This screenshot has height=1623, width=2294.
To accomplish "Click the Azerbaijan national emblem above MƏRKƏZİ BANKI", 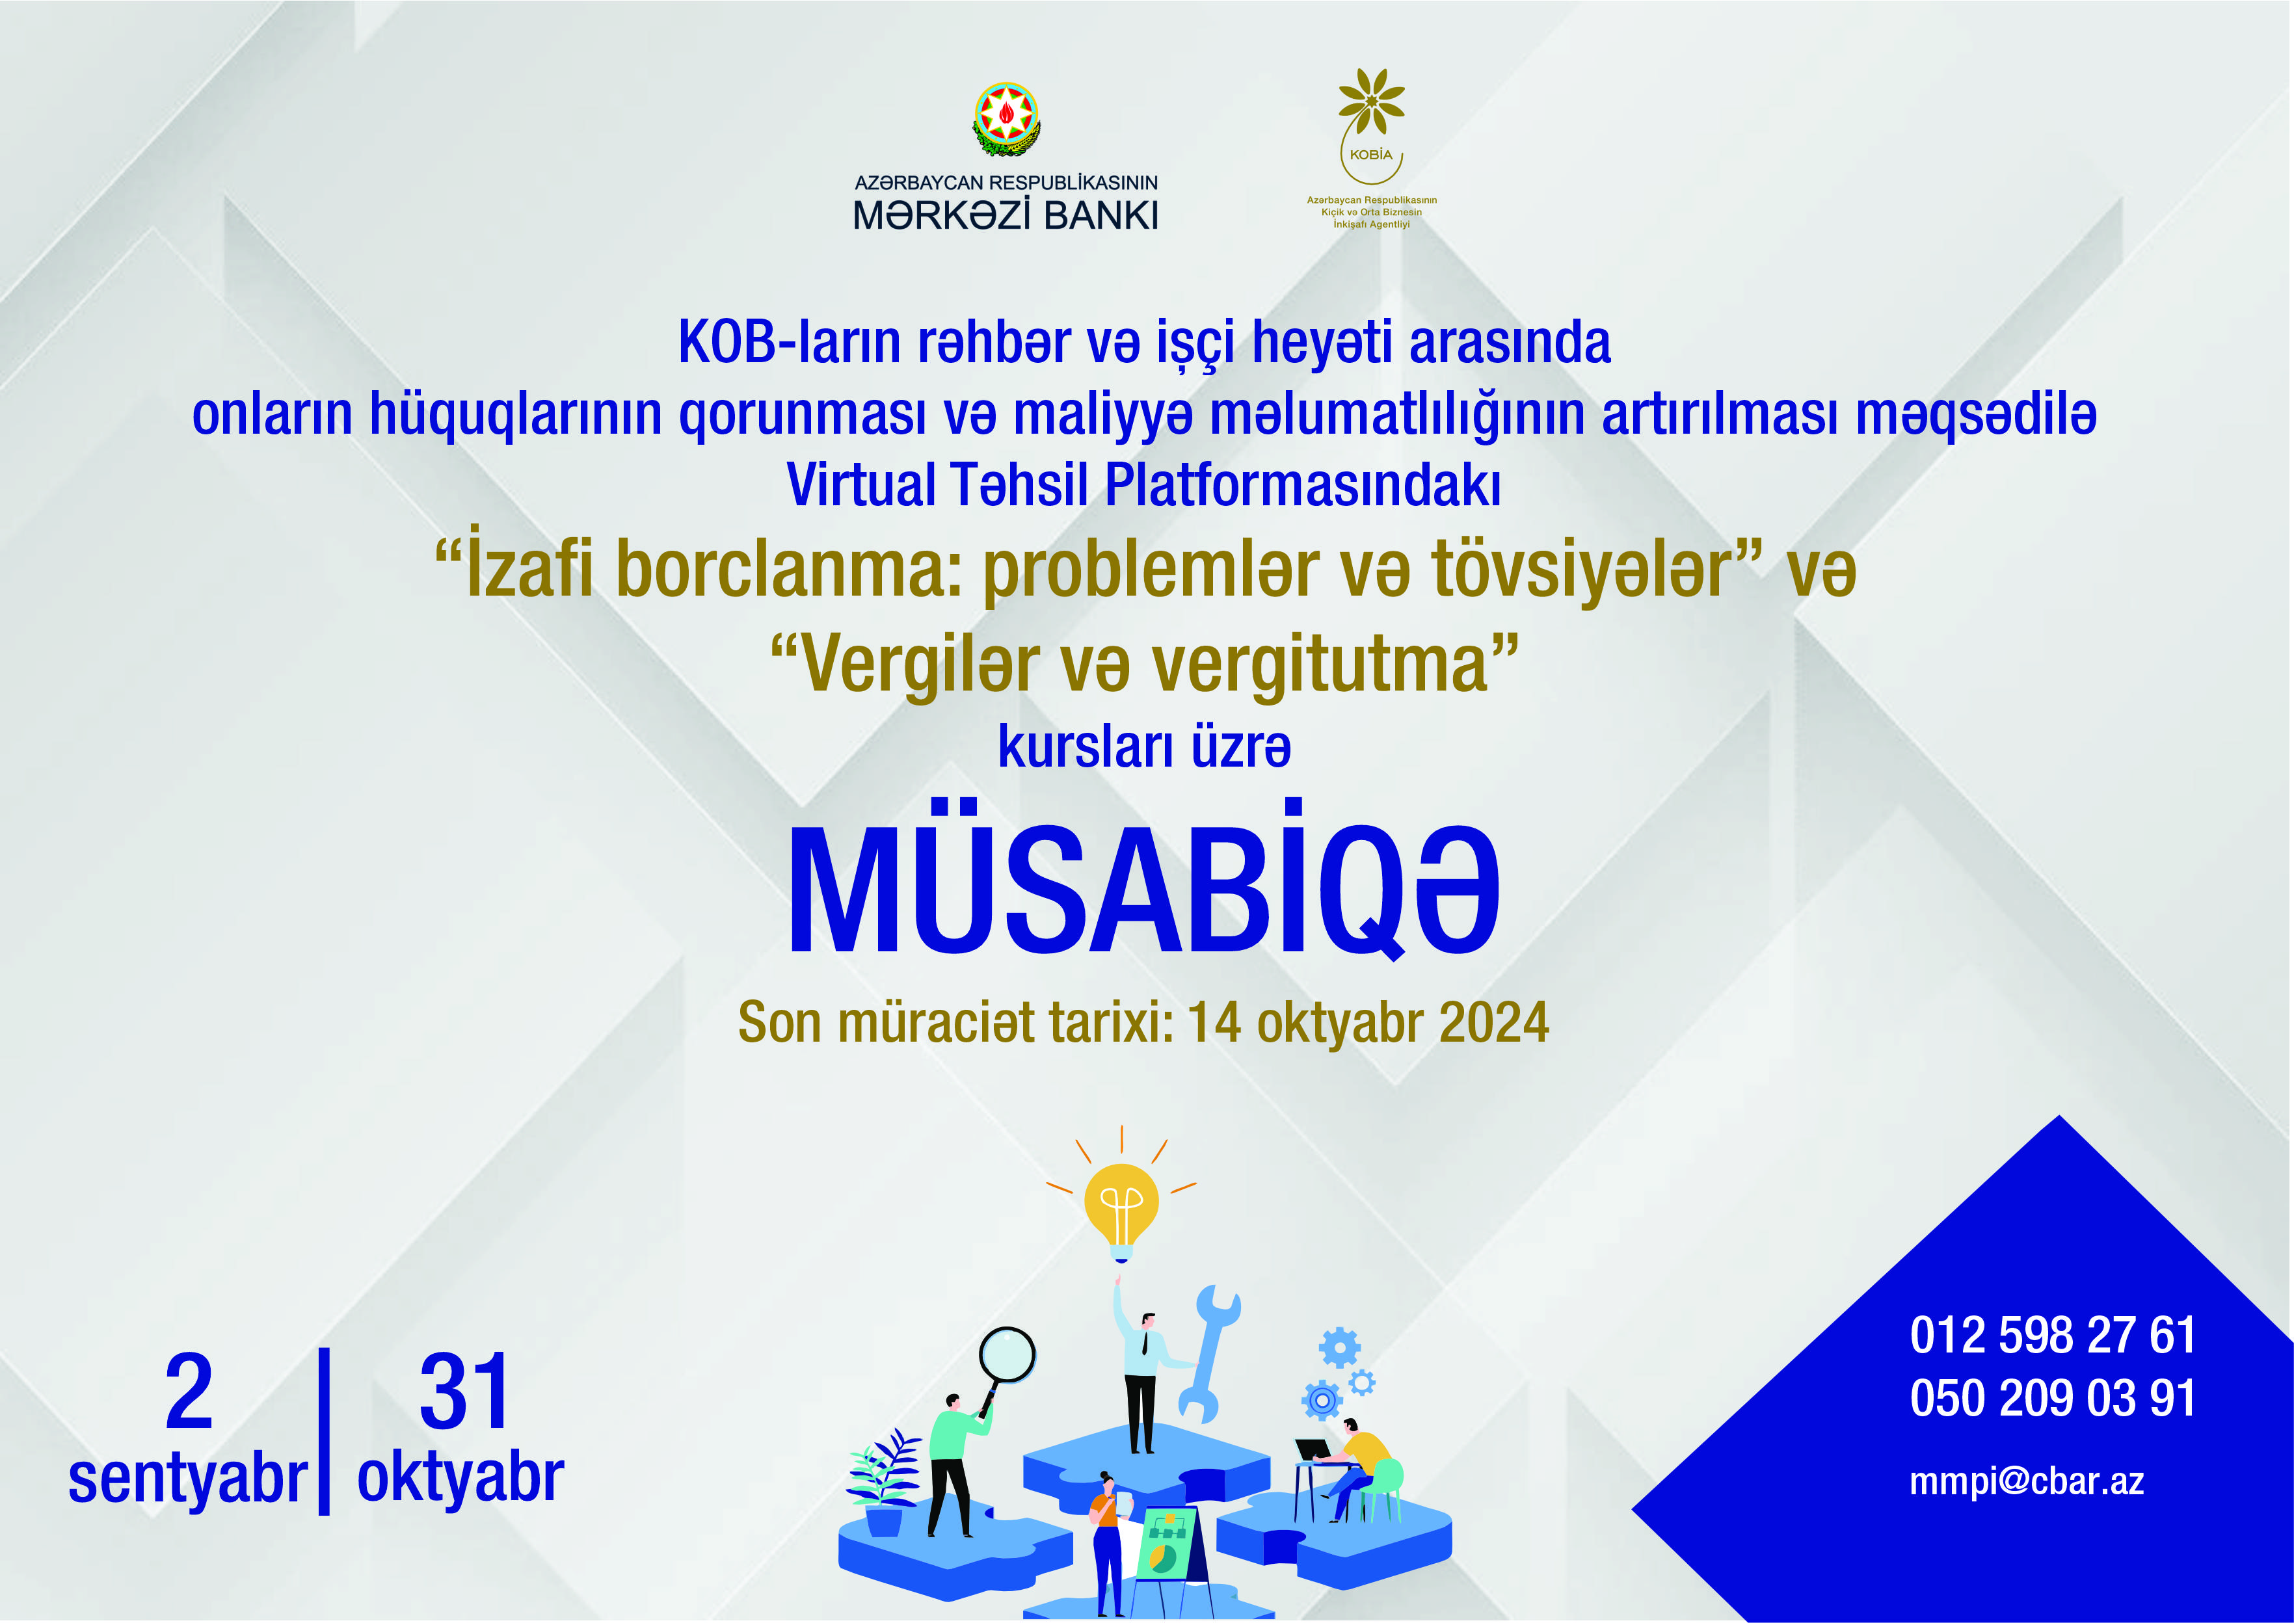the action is click(1007, 119).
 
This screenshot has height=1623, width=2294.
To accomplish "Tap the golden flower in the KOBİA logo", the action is click(1372, 101).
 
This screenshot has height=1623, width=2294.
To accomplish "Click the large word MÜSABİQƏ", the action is click(1145, 880).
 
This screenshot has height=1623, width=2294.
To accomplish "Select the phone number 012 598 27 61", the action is click(2052, 1335).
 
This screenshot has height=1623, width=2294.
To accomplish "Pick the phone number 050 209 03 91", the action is click(2052, 1397).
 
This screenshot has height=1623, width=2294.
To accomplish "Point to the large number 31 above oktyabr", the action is click(464, 1391).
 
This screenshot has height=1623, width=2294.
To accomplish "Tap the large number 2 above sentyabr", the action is click(189, 1391).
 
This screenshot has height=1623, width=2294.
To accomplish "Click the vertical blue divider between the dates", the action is click(324, 1431).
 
